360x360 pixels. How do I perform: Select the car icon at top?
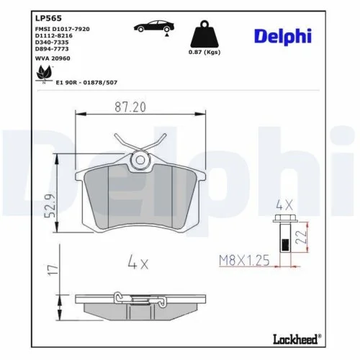(x=152, y=27)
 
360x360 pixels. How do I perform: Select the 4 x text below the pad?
(x=139, y=263)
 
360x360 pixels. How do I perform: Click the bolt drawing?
(x=283, y=235)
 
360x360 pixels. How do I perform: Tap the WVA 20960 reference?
(x=51, y=59)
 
